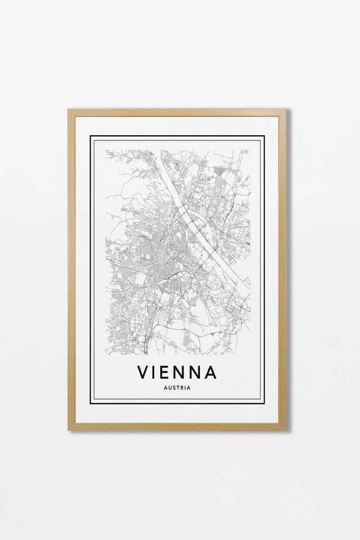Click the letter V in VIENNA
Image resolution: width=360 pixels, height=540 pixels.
[143, 372]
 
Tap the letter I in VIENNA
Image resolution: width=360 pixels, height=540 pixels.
[157, 372]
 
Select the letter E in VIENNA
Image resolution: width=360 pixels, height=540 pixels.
[170, 372]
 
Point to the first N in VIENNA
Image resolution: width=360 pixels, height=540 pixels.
[184, 372]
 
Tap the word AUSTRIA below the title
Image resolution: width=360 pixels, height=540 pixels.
[177, 387]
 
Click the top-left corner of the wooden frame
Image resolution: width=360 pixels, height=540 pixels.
[70, 111]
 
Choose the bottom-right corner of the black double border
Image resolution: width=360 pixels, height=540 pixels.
[263, 402]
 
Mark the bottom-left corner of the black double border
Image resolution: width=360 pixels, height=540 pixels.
[91, 402]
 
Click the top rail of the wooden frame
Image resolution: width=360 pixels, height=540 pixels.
[177, 113]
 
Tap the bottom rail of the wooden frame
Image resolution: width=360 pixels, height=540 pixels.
[177, 426]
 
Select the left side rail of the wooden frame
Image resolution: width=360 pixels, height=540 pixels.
[71, 270]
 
